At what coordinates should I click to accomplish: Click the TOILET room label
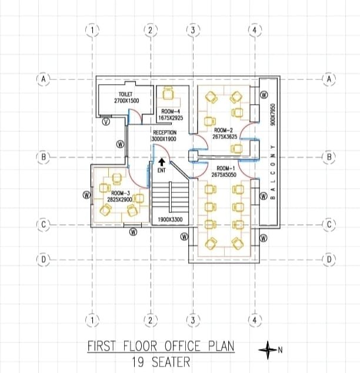pyautogui.click(x=125, y=95)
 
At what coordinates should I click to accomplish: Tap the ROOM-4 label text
pyautogui.click(x=171, y=111)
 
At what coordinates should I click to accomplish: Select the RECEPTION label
pyautogui.click(x=165, y=132)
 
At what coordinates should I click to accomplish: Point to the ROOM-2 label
pyautogui.click(x=224, y=131)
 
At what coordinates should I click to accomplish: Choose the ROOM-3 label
pyautogui.click(x=121, y=193)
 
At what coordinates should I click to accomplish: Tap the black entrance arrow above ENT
pyautogui.click(x=162, y=162)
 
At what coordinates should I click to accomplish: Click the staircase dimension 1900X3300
pyautogui.click(x=170, y=219)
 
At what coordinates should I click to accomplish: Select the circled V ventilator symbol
pyautogui.click(x=106, y=122)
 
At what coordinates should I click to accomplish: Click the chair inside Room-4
pyautogui.click(x=168, y=93)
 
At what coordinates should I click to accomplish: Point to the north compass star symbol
pyautogui.click(x=268, y=349)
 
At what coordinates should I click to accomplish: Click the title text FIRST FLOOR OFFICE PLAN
pyautogui.click(x=161, y=346)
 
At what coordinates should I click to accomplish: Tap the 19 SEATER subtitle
pyautogui.click(x=161, y=362)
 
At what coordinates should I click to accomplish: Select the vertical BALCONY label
pyautogui.click(x=273, y=172)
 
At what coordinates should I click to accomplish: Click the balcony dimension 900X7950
pyautogui.click(x=273, y=115)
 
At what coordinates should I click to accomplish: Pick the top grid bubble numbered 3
pyautogui.click(x=193, y=30)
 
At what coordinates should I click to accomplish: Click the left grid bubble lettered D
pyautogui.click(x=44, y=259)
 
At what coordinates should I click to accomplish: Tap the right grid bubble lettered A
pyautogui.click(x=329, y=79)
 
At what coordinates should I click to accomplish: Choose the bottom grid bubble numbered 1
pyautogui.click(x=92, y=321)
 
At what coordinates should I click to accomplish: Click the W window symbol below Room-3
pyautogui.click(x=134, y=232)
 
